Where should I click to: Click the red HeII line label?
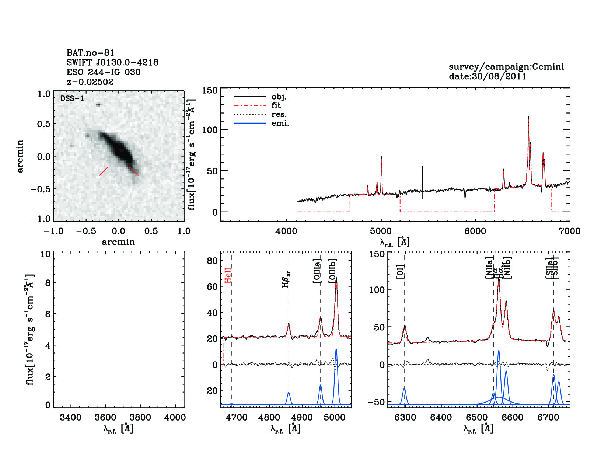tap(228, 275)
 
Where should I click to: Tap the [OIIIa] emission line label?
tap(317, 271)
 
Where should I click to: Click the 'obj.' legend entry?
tap(279, 97)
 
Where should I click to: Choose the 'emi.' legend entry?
tap(280, 123)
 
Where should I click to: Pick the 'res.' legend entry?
tap(279, 115)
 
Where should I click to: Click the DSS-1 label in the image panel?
tap(72, 99)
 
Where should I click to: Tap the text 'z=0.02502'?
tap(90, 82)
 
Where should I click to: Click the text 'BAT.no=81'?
tap(91, 53)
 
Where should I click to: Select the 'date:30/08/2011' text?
tap(488, 76)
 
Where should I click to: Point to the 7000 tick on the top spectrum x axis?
tap(570, 231)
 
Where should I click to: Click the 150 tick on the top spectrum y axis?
tap(210, 90)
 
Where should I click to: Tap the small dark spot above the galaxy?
tap(98, 105)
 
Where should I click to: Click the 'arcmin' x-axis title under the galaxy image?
tap(118, 242)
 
